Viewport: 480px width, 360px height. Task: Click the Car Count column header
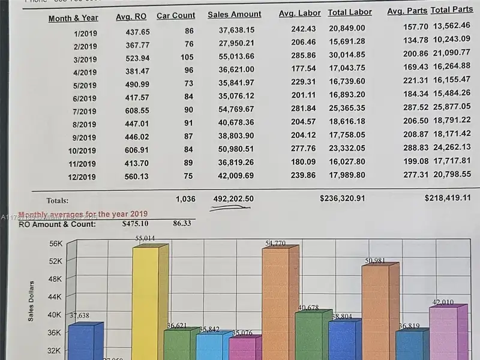tap(176, 16)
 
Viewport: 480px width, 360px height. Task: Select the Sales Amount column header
tap(235, 14)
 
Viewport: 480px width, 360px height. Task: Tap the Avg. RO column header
tap(131, 17)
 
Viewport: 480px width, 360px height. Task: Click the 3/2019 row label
tap(85, 60)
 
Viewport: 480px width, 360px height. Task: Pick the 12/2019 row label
tap(82, 177)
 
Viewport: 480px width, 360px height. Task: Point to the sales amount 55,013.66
tap(236, 56)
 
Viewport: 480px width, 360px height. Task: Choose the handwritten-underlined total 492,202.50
tap(233, 199)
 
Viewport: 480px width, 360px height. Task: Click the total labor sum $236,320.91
tap(342, 198)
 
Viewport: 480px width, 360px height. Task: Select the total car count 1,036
tap(185, 199)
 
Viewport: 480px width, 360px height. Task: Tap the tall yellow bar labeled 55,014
tap(146, 300)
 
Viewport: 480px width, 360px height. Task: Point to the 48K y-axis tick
tap(55, 279)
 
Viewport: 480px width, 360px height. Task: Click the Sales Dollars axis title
tap(31, 300)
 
